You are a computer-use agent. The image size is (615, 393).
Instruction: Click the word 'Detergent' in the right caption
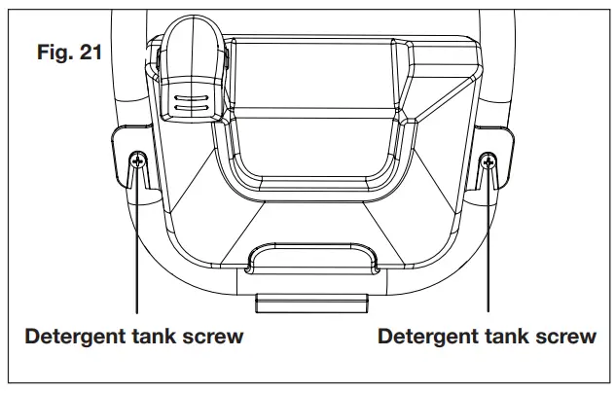coord(423,338)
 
